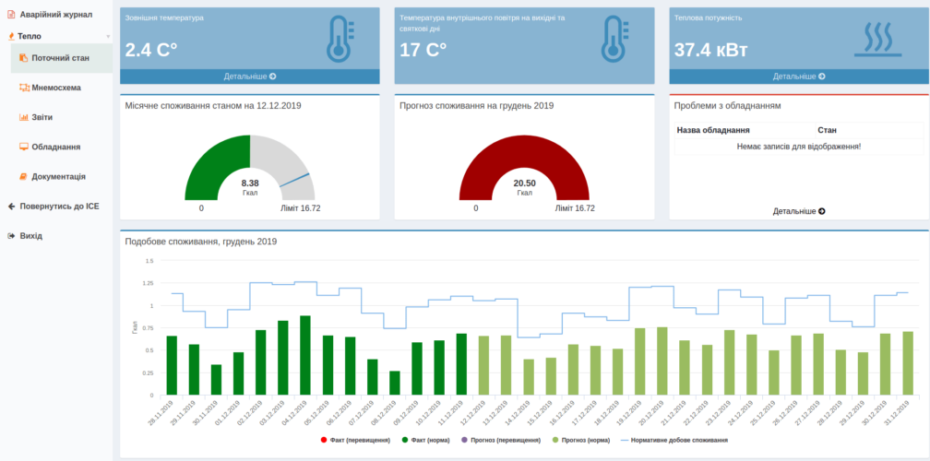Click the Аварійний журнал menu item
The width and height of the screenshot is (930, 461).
pos(55,15)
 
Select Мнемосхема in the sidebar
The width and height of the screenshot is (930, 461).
pos(55,88)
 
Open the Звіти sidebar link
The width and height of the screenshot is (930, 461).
pos(42,117)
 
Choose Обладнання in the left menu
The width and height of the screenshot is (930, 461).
pos(55,147)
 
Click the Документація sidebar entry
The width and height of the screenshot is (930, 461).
pos(58,176)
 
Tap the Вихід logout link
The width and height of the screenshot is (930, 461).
pos(30,236)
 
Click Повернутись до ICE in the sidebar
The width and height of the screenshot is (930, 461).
pos(58,207)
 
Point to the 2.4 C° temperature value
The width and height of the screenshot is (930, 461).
pos(150,50)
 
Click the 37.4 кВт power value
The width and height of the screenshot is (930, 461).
pos(710,50)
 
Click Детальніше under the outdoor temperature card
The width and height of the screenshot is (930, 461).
pos(249,77)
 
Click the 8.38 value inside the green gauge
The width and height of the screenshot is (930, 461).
pos(250,183)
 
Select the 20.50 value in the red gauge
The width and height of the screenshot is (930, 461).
pos(524,183)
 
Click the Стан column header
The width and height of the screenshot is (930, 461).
pos(827,130)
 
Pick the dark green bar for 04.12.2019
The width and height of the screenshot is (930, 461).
pos(305,355)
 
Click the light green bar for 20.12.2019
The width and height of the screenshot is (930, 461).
pos(662,361)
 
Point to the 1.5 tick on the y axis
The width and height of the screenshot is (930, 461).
pos(148,260)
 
